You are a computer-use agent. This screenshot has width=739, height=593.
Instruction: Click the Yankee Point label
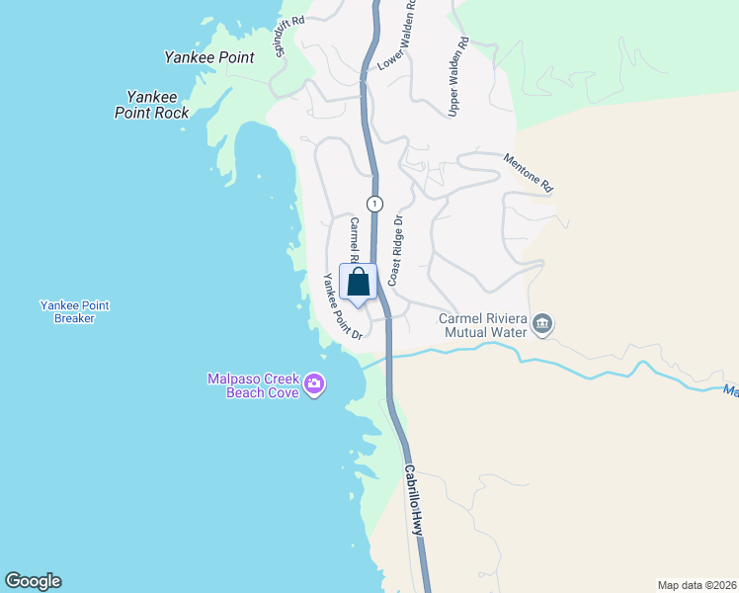(x=208, y=57)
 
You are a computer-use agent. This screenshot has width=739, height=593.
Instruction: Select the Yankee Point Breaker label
(x=74, y=312)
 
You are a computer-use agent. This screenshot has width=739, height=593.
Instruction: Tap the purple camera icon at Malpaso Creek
(x=314, y=383)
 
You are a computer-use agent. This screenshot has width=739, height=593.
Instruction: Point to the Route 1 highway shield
(x=374, y=204)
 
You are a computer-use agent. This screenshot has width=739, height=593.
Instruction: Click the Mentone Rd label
(x=529, y=172)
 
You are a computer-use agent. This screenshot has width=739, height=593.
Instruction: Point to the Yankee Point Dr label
(x=338, y=307)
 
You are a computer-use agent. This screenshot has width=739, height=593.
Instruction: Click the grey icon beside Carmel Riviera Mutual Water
(x=542, y=324)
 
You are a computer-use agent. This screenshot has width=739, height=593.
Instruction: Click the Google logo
(x=33, y=581)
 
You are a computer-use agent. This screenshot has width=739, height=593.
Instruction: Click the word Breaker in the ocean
(x=74, y=319)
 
